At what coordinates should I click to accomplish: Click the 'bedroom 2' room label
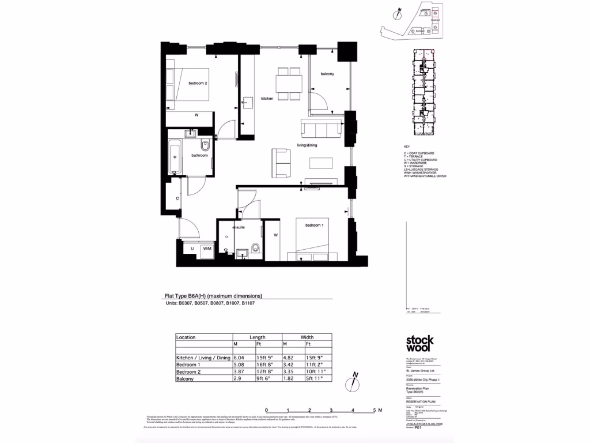(198, 84)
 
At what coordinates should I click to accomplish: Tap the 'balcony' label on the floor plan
(327, 74)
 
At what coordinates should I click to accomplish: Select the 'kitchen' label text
(267, 99)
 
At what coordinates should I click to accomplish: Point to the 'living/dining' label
(307, 145)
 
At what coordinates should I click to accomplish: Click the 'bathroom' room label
(199, 155)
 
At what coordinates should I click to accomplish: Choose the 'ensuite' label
(239, 228)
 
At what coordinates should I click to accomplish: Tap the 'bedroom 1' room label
(314, 225)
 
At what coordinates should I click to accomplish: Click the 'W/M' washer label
(207, 249)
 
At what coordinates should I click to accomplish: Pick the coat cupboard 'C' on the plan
(177, 198)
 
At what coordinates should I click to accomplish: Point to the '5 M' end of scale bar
(377, 410)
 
